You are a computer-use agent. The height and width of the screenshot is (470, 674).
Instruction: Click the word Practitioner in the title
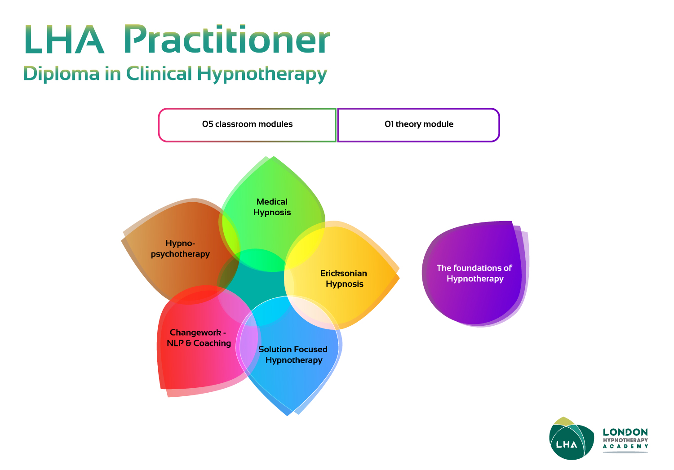[x=226, y=40]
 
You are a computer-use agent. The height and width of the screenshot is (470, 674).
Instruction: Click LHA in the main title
[x=64, y=40]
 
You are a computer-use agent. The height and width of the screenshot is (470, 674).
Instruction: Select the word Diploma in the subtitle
[x=61, y=74]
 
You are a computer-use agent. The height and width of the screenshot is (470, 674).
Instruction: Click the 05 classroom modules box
[x=247, y=124]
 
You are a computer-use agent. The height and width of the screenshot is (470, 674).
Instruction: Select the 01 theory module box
[x=418, y=124]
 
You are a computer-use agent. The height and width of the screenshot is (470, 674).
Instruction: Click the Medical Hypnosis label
[x=272, y=207]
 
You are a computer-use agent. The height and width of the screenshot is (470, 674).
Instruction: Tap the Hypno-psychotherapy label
[x=180, y=248]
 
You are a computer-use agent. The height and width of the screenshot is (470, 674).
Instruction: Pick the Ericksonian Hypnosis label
[x=344, y=279]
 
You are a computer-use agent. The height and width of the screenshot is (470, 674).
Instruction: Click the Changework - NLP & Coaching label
[x=198, y=338]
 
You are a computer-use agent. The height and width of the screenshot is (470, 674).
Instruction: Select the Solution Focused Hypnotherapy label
[x=293, y=355]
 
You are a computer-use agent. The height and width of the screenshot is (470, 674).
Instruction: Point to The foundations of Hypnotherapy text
[x=474, y=273]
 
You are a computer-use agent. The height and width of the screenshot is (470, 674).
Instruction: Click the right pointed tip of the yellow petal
[x=399, y=275]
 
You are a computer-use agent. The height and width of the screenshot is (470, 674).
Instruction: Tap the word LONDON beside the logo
[x=625, y=432]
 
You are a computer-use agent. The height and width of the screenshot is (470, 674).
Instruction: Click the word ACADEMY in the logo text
[x=625, y=446]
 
